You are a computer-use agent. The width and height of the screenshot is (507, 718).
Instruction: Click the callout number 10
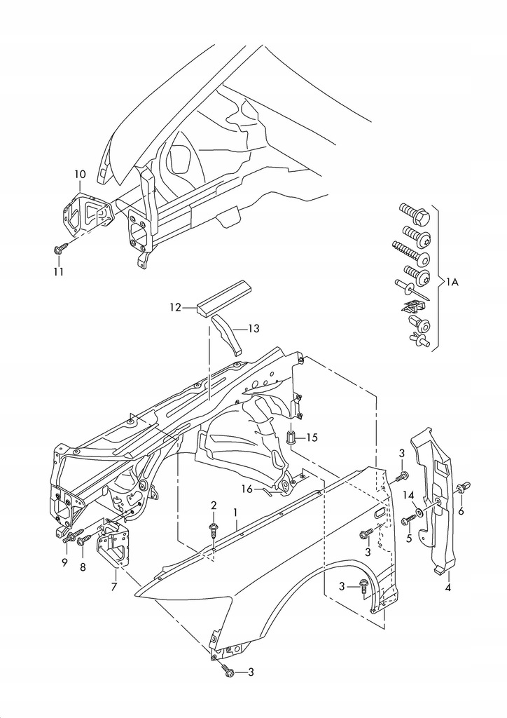[80, 174]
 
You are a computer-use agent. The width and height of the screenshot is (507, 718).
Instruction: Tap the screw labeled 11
[61, 248]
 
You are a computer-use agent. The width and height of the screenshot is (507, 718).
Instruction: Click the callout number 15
[312, 438]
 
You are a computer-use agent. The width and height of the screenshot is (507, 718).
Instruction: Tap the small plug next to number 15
[292, 438]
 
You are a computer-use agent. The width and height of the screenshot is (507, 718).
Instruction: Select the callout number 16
[247, 489]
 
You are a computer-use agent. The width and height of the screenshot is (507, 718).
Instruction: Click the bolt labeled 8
[83, 541]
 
